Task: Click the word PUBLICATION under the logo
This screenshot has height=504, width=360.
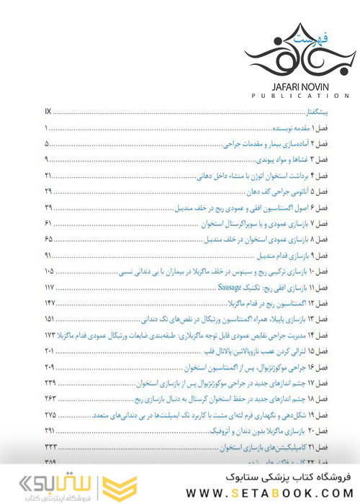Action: coord(292,95)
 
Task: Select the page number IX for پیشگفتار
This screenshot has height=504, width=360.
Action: coord(48,112)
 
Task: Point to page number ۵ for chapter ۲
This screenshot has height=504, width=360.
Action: coord(47,144)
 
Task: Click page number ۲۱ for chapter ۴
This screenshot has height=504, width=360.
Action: coord(48,176)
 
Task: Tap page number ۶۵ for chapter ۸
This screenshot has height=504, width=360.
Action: coord(48,239)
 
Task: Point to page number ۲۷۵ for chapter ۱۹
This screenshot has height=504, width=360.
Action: coord(50,415)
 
